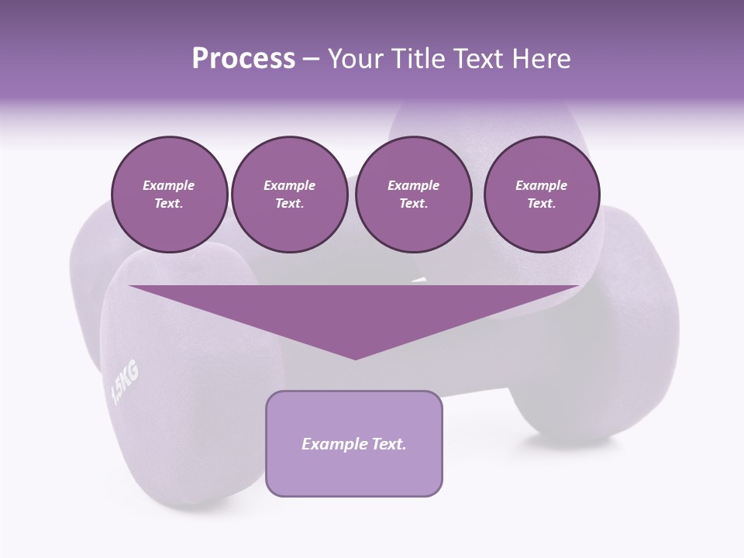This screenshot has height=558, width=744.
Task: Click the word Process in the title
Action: coord(243,59)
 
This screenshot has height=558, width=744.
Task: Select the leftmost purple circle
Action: coord(169,194)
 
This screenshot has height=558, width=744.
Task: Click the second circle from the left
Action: coord(289,194)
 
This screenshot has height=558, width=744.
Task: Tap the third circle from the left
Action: coord(413,194)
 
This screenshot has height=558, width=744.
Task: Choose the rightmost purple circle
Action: coord(541,194)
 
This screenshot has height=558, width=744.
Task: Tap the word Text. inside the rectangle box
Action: coord(388,444)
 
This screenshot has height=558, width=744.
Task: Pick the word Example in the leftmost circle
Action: coord(169,185)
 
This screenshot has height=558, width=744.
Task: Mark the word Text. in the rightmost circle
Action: coord(541,204)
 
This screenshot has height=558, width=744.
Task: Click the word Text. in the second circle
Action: coord(289,204)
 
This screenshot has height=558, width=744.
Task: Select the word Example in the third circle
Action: coord(413,185)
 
